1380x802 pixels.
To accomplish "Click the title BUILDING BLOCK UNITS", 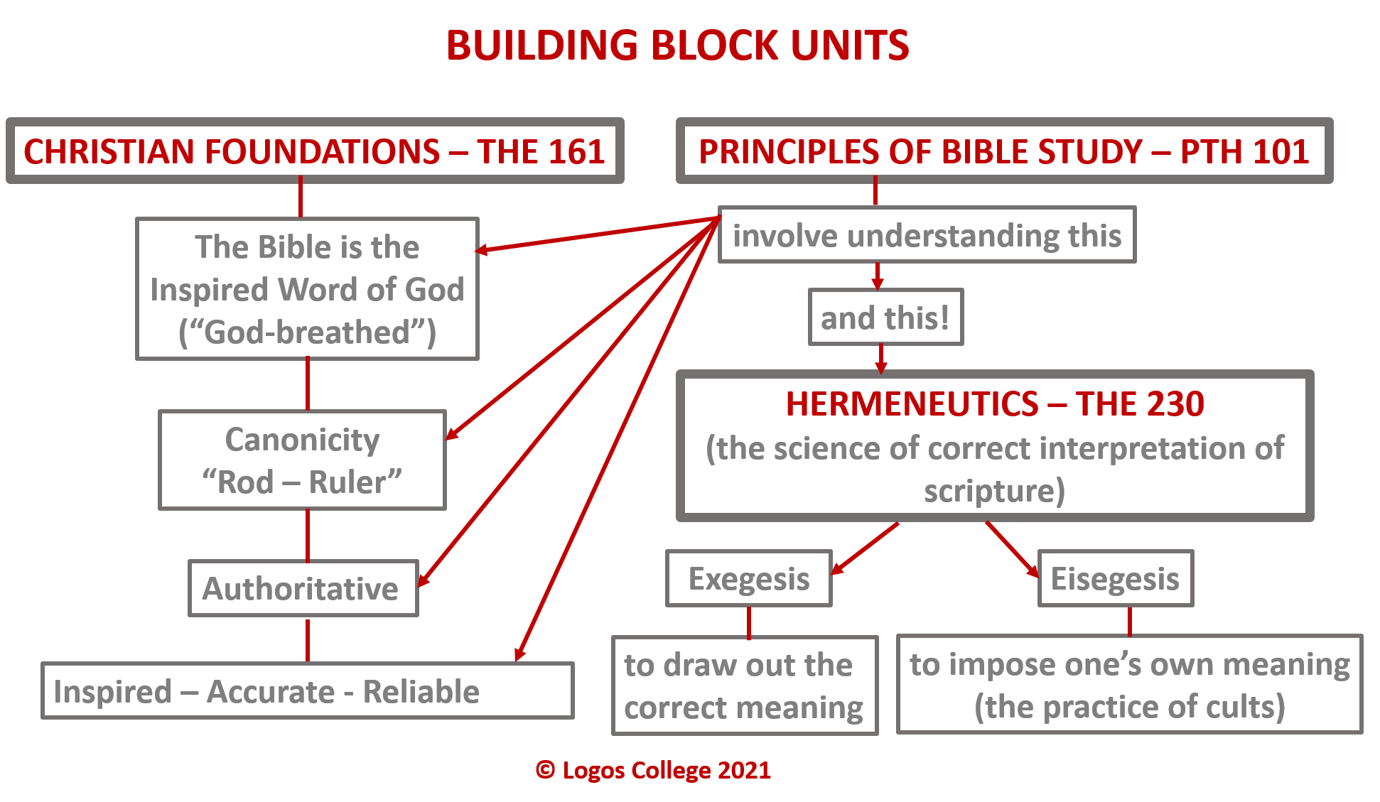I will click(x=677, y=45).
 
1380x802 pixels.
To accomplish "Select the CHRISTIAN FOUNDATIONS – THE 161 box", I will click(x=315, y=151).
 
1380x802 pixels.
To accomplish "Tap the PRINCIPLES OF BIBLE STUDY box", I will click(x=1003, y=151).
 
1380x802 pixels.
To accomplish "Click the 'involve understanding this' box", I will click(x=927, y=235).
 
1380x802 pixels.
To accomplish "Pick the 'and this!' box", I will click(x=885, y=318).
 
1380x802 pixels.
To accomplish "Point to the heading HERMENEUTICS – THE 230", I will click(x=994, y=403).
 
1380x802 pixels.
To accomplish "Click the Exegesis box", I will click(x=748, y=579).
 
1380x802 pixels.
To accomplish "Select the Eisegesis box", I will click(x=1115, y=579).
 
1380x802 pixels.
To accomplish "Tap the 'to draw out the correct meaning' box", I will click(x=744, y=686).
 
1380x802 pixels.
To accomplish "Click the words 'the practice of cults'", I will click(x=1129, y=708).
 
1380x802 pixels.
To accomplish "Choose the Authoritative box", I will click(x=302, y=589).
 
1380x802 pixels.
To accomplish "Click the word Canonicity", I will click(x=302, y=440).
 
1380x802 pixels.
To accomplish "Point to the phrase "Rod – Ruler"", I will click(x=302, y=482).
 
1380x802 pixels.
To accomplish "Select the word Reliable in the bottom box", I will click(x=421, y=692).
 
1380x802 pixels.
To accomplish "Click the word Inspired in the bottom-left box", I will click(x=113, y=692).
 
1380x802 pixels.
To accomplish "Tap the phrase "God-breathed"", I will click(x=307, y=332).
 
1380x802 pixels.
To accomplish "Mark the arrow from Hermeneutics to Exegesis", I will click(x=866, y=548).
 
